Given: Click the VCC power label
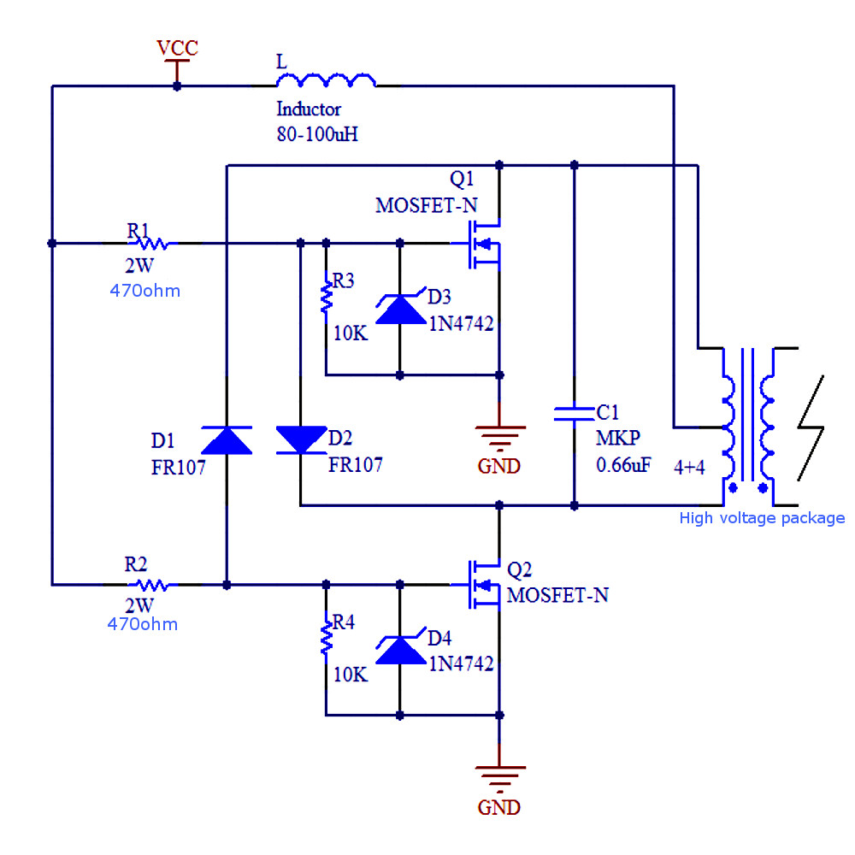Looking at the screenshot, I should tap(177, 49).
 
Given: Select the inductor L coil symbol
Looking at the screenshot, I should tap(325, 80).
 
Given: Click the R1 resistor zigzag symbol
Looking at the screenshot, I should tap(153, 244).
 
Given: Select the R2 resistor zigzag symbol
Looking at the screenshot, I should tap(153, 585).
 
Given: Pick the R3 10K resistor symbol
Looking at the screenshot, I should tap(326, 296).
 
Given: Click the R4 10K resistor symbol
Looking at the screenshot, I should tap(326, 638).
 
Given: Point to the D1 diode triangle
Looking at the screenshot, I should tap(227, 439).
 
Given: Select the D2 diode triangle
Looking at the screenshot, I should tap(301, 439).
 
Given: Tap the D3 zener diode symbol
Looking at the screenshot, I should tap(400, 309).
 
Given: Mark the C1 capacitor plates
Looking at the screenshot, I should tap(574, 414).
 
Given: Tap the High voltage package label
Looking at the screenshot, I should tap(761, 518).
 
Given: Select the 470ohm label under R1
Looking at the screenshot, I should tap(144, 291).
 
